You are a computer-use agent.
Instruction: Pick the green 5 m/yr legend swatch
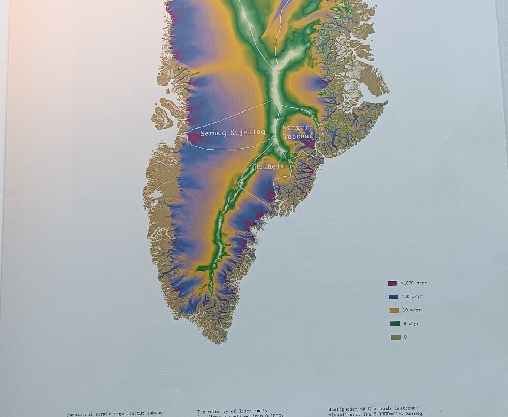click(394, 324)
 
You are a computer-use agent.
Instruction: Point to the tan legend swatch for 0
click(395, 337)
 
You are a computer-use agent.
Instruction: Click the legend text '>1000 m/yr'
click(413, 283)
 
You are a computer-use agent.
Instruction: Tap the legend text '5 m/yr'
click(412, 324)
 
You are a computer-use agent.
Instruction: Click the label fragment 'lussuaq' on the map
click(298, 136)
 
